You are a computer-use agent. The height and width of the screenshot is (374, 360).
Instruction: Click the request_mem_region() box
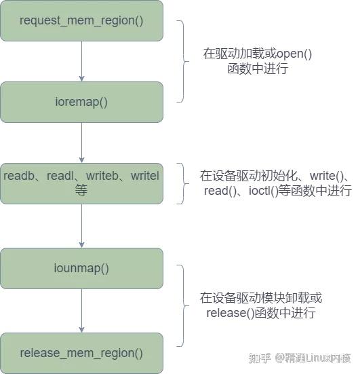pyautogui.click(x=81, y=20)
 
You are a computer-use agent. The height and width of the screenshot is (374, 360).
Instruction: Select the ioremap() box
pyautogui.click(x=81, y=102)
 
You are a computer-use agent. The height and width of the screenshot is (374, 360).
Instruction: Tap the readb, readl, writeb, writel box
pyautogui.click(x=81, y=183)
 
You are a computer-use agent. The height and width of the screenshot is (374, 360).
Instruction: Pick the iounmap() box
pyautogui.click(x=81, y=268)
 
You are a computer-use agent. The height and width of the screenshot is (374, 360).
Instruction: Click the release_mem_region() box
pyautogui.click(x=81, y=352)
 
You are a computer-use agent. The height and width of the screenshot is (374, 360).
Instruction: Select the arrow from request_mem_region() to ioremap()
pyautogui.click(x=81, y=61)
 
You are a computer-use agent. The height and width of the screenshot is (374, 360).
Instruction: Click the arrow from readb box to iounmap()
pyautogui.click(x=81, y=225)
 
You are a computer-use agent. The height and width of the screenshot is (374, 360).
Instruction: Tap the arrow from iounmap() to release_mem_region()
pyautogui.click(x=81, y=310)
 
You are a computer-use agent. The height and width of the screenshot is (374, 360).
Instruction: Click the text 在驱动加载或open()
pyautogui.click(x=258, y=54)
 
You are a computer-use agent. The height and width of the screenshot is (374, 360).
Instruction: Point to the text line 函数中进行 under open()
pyautogui.click(x=258, y=69)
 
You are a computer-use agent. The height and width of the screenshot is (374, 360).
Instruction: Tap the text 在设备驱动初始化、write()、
pyautogui.click(x=274, y=176)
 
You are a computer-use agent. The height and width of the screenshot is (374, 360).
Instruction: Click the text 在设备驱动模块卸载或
pyautogui.click(x=260, y=298)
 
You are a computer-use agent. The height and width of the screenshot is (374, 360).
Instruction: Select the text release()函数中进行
pyautogui.click(x=260, y=313)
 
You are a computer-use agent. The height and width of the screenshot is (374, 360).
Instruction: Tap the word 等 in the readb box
pyautogui.click(x=81, y=191)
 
